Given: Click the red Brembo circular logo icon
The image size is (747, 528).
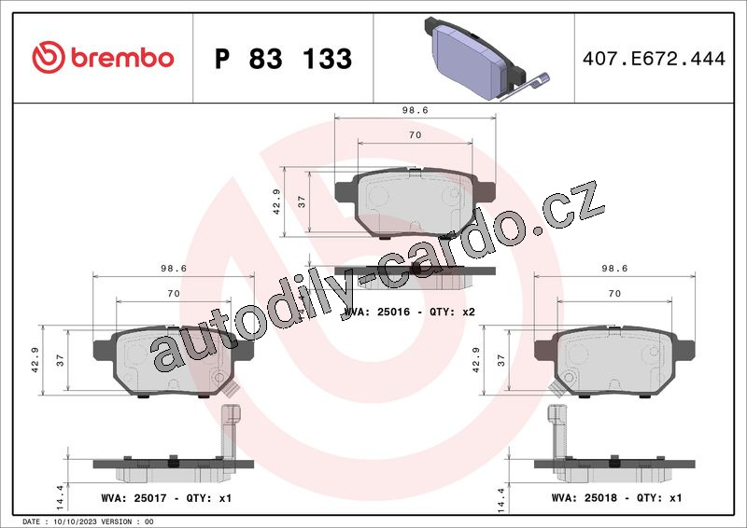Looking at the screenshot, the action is [49, 57].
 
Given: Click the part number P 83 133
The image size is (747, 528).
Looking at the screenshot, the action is [284, 59].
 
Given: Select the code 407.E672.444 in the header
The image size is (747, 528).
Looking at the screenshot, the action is [654, 59].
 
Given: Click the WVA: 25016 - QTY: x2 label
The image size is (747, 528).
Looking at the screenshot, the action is [409, 312].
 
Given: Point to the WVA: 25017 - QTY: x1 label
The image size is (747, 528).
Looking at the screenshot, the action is [166, 498].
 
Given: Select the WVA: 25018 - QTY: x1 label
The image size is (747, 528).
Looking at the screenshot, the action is [616, 497].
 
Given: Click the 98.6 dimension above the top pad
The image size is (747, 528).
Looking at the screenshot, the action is [415, 110].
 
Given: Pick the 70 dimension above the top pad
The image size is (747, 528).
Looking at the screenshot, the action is [415, 135].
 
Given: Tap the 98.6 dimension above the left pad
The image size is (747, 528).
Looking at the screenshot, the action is [174, 269].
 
